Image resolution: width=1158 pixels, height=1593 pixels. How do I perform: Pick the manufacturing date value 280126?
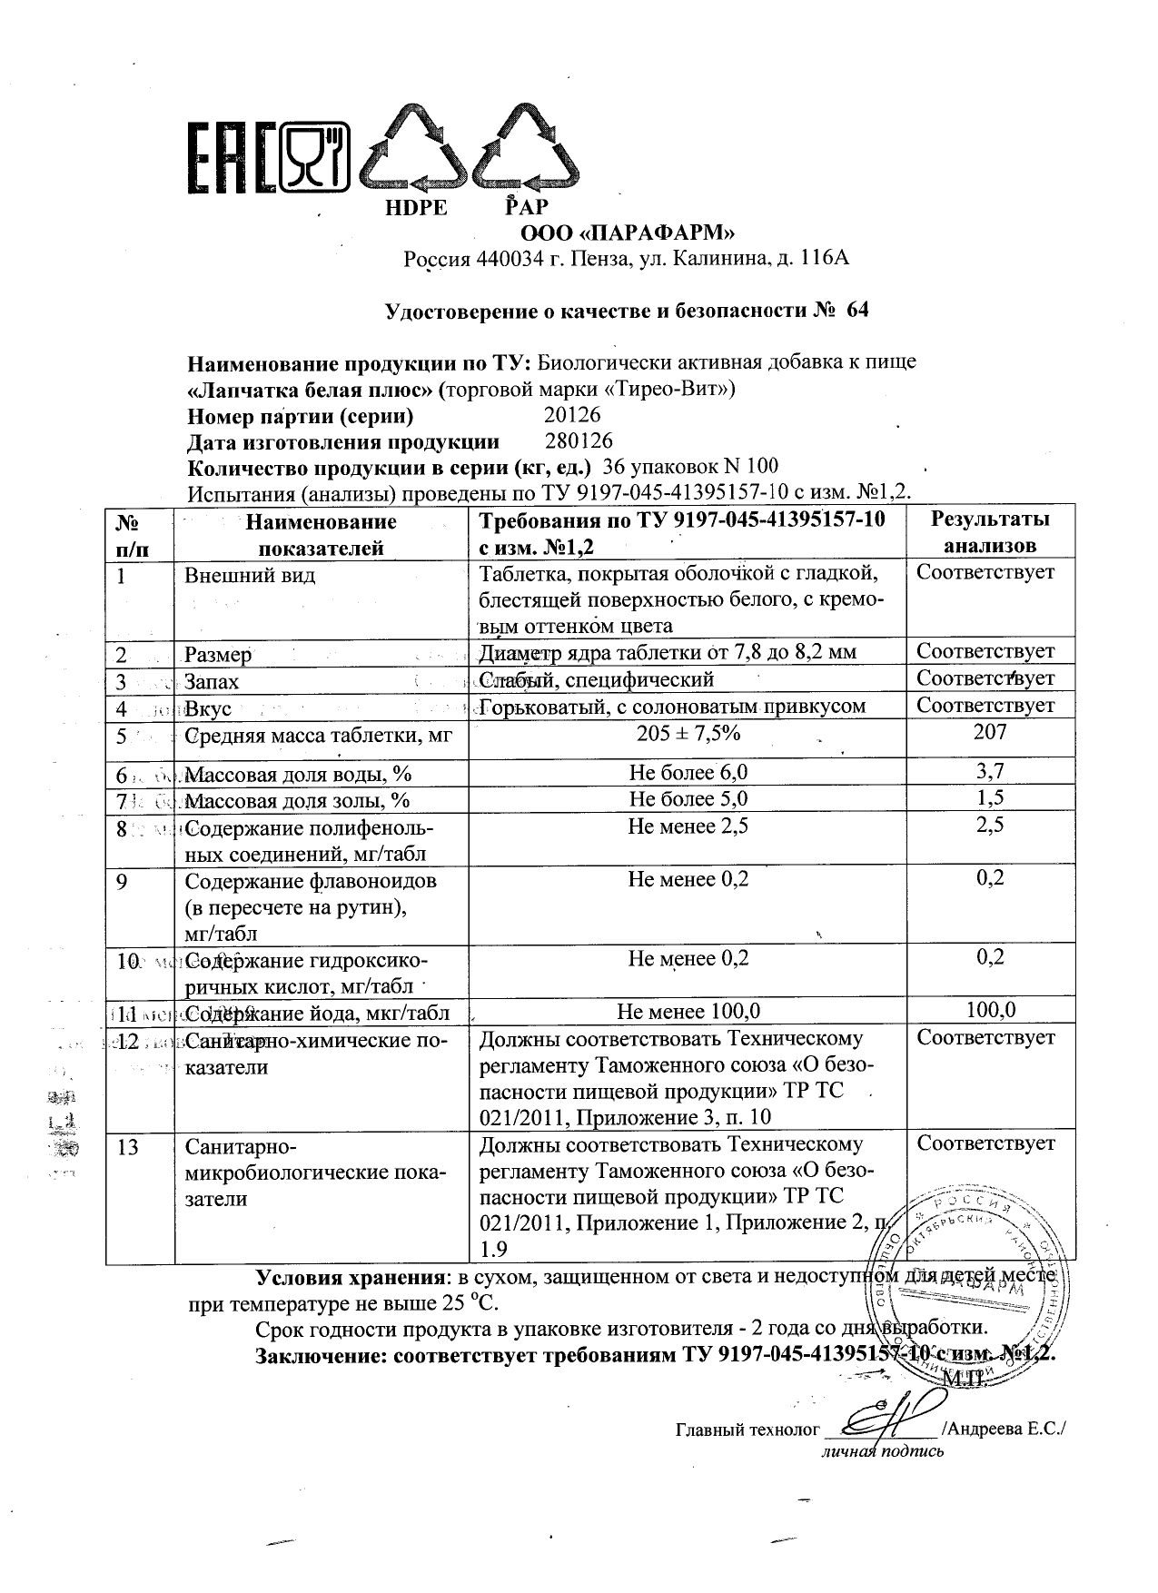[x=579, y=441]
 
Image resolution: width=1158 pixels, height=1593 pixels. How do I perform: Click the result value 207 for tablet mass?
[x=989, y=732]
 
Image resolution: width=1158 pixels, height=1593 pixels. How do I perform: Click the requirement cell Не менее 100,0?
[x=688, y=1011]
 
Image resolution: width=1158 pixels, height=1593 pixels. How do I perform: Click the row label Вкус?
[x=208, y=708]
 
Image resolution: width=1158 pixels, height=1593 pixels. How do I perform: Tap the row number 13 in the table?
[x=128, y=1148]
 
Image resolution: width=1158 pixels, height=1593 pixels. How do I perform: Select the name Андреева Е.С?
[x=1005, y=1429]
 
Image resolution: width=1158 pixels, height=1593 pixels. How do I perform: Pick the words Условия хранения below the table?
[x=354, y=1278]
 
